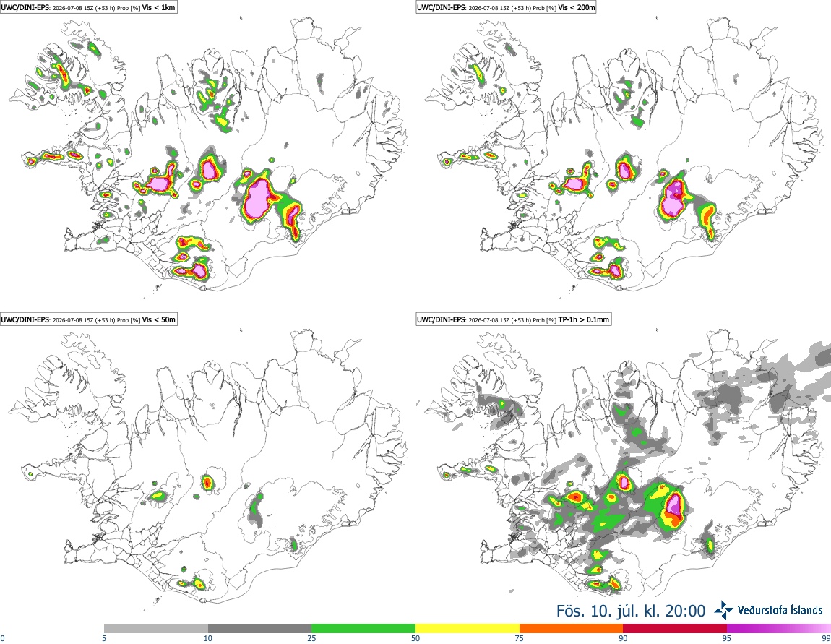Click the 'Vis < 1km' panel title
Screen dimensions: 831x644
pos(158,8)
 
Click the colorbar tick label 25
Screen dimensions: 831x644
pos(311,638)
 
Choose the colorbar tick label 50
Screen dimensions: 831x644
pos(415,638)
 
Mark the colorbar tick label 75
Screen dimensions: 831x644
pos(520,638)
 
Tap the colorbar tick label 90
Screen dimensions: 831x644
pos(623,638)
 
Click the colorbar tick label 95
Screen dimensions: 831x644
pos(727,638)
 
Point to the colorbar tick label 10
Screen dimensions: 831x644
pos(208,638)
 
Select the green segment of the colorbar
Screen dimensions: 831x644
pos(363,629)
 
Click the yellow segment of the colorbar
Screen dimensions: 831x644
pos(468,629)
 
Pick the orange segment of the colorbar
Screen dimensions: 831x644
pos(572,629)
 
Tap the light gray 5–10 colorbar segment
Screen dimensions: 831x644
pos(156,629)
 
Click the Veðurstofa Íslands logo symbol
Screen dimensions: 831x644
pos(723,611)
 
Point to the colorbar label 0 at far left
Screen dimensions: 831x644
pos(3,638)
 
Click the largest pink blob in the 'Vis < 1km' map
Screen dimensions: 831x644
pos(258,197)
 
